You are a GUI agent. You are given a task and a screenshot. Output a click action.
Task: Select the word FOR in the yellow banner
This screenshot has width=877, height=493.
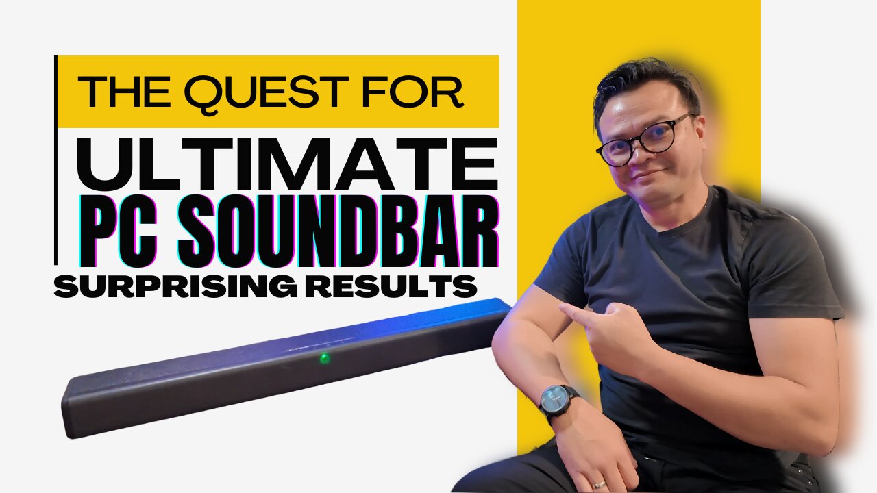pyautogui.click(x=412, y=92)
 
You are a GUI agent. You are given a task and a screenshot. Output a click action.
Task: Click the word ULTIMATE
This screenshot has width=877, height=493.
pyautogui.click(x=287, y=164)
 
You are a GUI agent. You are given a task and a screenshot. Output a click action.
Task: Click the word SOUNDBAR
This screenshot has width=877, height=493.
pyautogui.click(x=338, y=231)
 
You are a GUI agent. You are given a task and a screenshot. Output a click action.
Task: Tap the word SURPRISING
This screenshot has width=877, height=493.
pyautogui.click(x=175, y=286)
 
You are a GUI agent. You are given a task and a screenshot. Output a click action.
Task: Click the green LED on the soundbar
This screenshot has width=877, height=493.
pyautogui.click(x=325, y=357)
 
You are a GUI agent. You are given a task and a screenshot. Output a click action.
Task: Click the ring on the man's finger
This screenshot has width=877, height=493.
pyautogui.click(x=598, y=485)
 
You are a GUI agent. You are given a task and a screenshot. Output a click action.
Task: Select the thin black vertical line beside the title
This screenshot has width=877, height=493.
pyautogui.click(x=55, y=160)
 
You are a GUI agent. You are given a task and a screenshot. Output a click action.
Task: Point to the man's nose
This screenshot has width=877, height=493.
pyautogui.click(x=637, y=155)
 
